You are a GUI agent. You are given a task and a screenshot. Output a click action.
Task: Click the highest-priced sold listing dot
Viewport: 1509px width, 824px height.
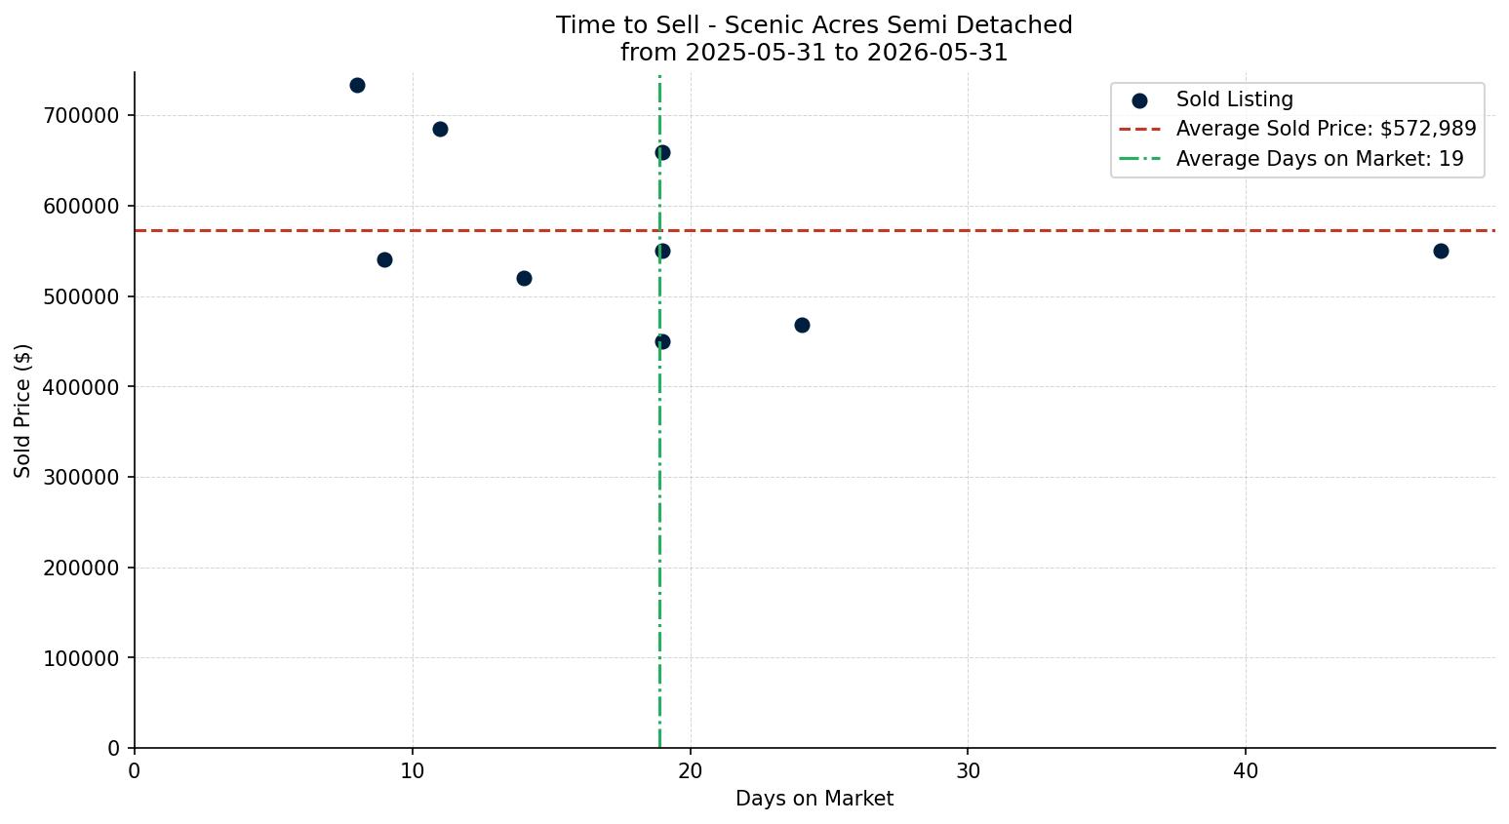tap(357, 86)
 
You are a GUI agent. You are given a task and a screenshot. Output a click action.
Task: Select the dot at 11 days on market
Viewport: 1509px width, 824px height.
tap(440, 130)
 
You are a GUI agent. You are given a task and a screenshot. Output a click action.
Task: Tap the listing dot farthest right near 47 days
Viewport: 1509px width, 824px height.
tap(1441, 252)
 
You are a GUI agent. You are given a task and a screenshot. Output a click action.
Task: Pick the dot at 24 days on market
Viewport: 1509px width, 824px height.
tap(802, 325)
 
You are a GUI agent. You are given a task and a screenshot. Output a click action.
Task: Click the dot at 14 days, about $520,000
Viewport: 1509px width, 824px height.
tap(524, 278)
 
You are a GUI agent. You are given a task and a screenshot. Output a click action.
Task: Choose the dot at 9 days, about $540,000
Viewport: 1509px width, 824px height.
tap(384, 259)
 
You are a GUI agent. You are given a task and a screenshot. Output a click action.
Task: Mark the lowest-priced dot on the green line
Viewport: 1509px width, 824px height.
tap(662, 341)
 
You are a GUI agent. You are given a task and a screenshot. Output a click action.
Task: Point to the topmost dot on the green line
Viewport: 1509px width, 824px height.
tap(662, 153)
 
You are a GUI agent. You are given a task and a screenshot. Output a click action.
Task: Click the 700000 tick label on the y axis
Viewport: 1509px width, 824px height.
tap(81, 116)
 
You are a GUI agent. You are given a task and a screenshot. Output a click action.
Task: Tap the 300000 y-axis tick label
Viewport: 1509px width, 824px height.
tap(81, 477)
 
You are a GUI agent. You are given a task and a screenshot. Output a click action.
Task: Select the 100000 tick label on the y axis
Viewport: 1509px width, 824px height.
tap(81, 658)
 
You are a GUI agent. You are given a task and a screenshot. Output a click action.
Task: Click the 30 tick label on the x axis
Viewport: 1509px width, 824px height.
tap(968, 770)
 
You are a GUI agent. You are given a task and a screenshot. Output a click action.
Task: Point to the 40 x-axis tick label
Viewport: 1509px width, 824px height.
tap(1246, 770)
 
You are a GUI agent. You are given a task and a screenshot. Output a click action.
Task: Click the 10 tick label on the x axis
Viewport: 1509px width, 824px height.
tap(413, 770)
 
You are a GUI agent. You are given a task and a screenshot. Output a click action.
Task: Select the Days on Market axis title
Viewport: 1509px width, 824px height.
tap(814, 799)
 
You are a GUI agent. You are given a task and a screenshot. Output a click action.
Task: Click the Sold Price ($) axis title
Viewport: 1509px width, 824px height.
tap(22, 411)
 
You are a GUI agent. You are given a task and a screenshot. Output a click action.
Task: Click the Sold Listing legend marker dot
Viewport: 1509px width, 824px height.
tap(1139, 101)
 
